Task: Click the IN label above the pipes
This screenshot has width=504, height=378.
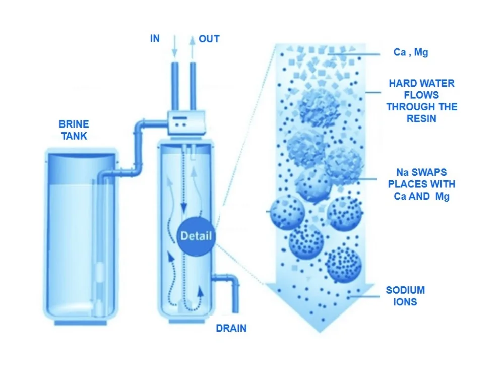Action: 155,39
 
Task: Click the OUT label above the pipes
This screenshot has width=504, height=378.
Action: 209,39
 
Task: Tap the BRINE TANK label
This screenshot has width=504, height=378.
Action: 74,130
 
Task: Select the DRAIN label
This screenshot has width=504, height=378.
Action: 231,328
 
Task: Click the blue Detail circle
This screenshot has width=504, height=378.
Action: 196,236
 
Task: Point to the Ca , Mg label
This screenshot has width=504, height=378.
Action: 411,52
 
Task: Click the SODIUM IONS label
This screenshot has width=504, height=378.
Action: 405,296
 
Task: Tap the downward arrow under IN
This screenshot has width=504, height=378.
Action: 174,46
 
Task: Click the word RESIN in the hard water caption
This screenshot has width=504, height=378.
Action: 421,118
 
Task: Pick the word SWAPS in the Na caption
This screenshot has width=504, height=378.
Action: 429,172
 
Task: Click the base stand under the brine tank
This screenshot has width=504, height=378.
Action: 80,323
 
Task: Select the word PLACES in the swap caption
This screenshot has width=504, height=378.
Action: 403,184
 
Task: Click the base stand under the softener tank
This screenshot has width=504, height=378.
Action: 186,321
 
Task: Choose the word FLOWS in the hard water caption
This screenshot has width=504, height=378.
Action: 421,95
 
